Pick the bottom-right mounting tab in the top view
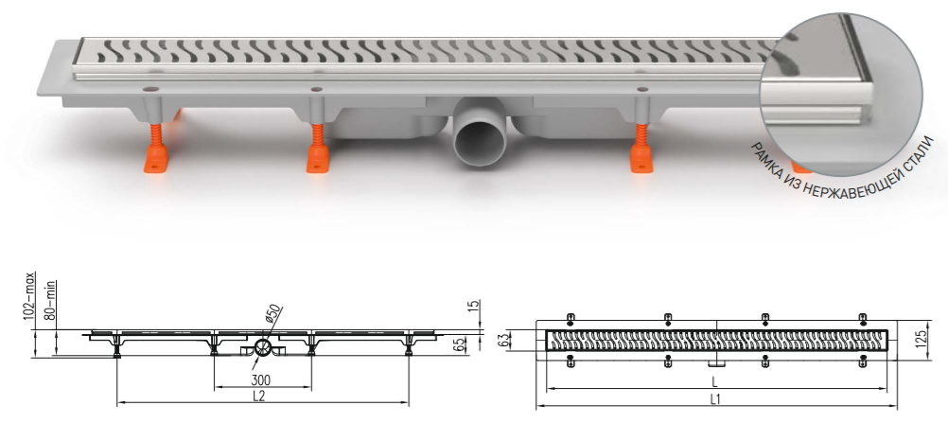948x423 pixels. pyautogui.click(x=862, y=361)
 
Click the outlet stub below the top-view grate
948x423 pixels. pyautogui.click(x=716, y=362)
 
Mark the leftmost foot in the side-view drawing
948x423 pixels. pyautogui.click(x=117, y=352)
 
